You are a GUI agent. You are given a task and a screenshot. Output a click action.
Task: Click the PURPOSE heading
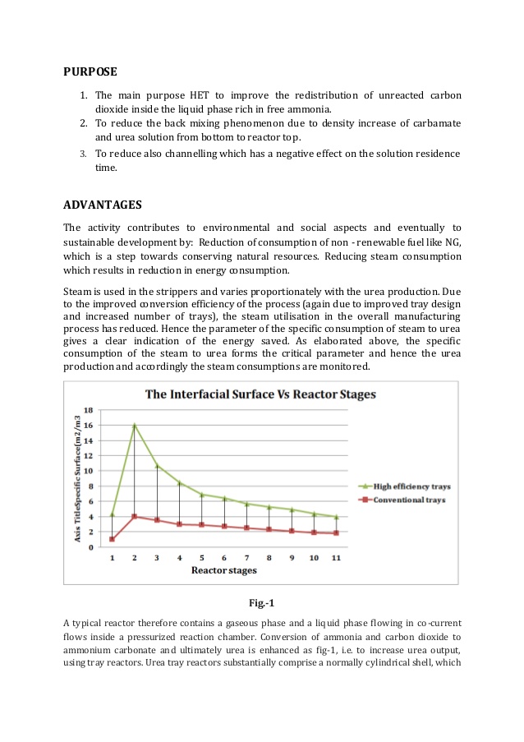90,71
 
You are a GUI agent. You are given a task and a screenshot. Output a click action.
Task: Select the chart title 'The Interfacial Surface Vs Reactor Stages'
260,394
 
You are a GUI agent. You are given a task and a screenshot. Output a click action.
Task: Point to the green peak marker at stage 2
135,426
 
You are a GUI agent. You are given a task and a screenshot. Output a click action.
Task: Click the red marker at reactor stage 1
112,539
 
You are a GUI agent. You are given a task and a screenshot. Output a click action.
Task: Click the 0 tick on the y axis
91,547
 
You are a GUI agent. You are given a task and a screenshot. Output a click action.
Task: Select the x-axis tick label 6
224,558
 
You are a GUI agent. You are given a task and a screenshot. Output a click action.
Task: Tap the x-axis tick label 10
314,558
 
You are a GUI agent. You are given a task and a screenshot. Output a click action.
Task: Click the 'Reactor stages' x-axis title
224,570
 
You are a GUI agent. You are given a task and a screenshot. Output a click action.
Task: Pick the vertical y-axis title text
77,477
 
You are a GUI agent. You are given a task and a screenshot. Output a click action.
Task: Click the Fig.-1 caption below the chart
261,604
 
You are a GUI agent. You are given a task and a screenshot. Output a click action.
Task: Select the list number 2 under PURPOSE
84,123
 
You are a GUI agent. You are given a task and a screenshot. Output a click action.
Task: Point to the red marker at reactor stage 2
135,516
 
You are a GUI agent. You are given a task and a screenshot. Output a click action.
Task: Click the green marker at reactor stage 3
157,466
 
